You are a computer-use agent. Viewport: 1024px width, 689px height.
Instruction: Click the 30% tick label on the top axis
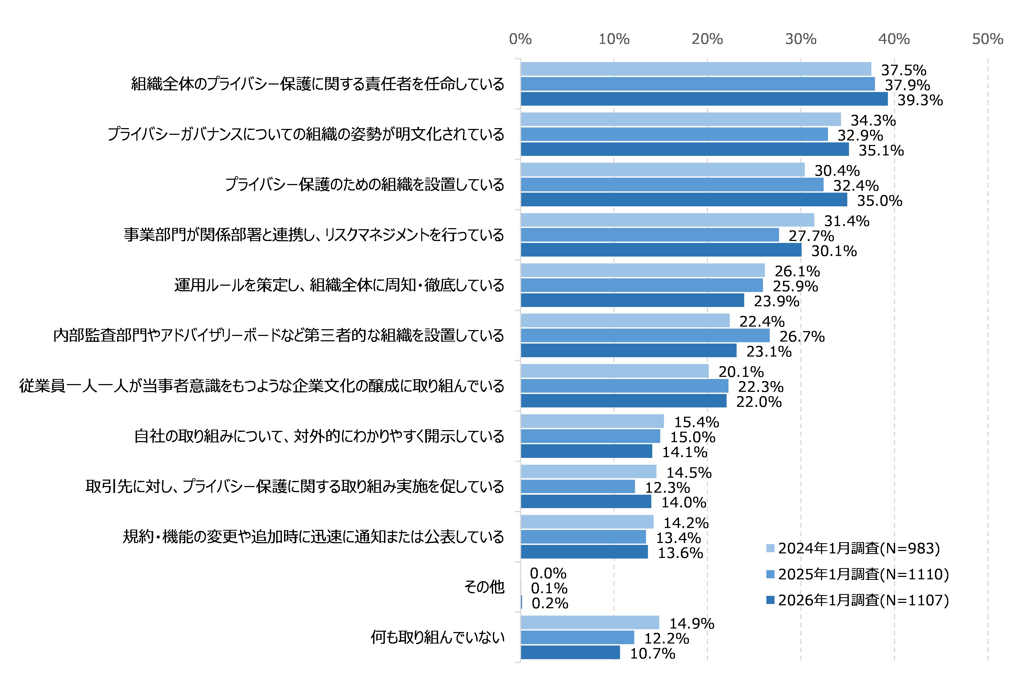[x=800, y=39]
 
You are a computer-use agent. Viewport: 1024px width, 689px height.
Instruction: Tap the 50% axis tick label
[x=987, y=39]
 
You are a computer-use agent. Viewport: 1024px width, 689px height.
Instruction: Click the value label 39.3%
[x=920, y=100]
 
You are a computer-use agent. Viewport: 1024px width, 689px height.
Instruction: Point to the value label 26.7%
[x=802, y=336]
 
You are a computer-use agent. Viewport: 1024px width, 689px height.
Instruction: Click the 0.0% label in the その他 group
[x=548, y=573]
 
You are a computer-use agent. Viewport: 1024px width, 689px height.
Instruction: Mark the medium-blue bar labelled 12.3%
[x=578, y=487]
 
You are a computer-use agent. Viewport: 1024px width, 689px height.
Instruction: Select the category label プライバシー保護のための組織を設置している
[x=364, y=185]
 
